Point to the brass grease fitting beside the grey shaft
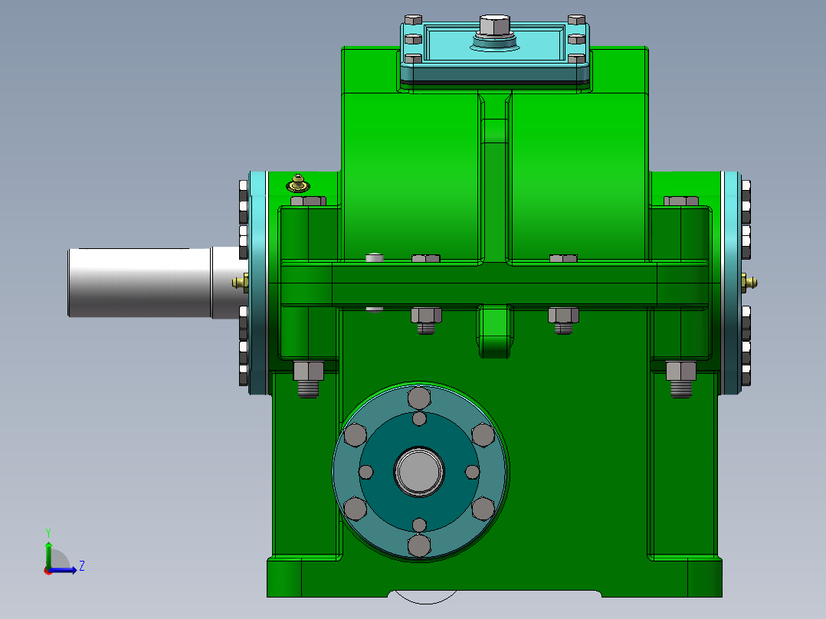240,283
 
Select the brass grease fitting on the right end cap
749,283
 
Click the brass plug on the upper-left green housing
297,184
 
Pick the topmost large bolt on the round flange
420,398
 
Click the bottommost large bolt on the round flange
420,545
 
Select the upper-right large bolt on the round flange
483,435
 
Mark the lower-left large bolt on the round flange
356,508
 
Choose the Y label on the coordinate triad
48,532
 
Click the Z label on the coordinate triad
81,566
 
